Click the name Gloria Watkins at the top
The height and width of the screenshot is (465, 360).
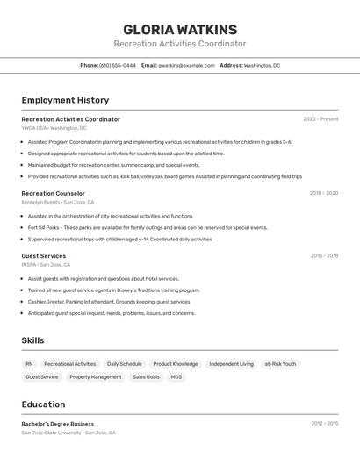180,29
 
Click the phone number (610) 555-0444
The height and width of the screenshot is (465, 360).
118,66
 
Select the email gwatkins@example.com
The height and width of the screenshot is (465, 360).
186,66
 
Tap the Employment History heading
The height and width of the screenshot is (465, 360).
65,100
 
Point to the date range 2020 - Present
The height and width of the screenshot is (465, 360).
320,119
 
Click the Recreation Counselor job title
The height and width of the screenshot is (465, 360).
54,193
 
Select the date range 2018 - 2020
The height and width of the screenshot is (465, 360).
323,193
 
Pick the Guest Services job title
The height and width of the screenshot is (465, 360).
44,256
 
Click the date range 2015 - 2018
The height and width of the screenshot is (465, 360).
324,256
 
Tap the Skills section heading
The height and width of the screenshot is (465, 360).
32,340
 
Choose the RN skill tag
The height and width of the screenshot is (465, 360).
29,364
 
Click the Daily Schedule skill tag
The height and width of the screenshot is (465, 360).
124,364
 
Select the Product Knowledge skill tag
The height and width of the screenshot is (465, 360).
176,364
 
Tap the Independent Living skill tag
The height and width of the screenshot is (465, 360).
231,364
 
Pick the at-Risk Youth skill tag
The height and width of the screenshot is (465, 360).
280,364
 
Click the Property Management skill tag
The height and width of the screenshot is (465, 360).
96,377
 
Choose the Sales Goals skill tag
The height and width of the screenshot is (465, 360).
146,377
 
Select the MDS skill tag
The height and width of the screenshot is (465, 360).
176,377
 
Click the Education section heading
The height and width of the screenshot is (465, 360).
43,404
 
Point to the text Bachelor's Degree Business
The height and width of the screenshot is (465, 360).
58,424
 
